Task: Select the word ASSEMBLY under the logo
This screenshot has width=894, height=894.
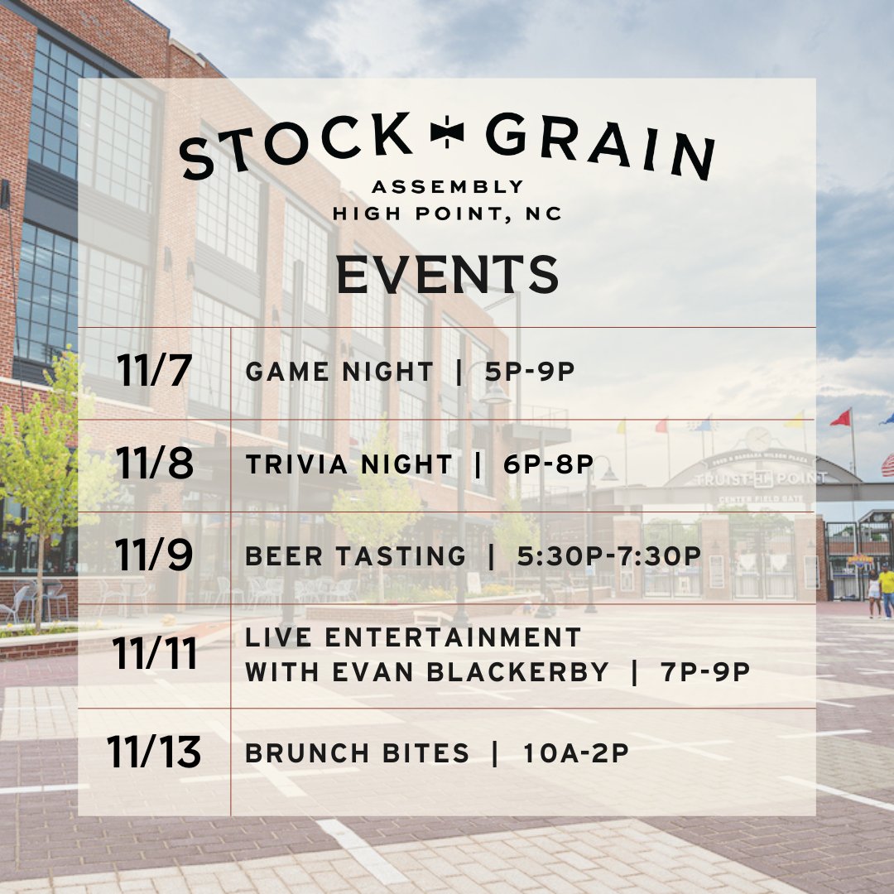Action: click(448, 186)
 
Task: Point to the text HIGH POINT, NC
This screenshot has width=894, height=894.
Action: click(448, 214)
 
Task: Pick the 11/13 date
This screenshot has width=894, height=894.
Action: click(154, 752)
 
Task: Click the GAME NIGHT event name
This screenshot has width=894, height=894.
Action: click(339, 372)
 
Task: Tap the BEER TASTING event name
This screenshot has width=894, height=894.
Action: click(356, 556)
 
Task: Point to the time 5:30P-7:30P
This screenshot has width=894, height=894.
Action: click(608, 556)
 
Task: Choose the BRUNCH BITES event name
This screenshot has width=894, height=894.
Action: click(358, 753)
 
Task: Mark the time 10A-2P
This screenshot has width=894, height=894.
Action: click(576, 753)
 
